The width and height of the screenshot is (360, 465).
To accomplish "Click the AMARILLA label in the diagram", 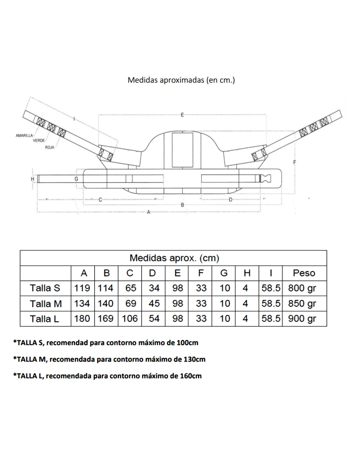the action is [24, 135].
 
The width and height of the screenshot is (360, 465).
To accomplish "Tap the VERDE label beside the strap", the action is [39, 141].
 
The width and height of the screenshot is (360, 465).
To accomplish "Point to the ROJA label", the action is [49, 147].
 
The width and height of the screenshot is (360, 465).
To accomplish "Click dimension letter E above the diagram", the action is [182, 115].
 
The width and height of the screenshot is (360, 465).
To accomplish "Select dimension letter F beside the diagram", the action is [295, 162].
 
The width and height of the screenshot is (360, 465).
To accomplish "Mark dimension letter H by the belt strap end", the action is [32, 179].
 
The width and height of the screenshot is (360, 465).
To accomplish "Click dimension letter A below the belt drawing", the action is [148, 212].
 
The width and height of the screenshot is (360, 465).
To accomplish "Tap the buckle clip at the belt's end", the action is [265, 178].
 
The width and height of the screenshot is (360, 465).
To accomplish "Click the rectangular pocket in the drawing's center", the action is [183, 150].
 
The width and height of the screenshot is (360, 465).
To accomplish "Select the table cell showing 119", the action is [82, 288].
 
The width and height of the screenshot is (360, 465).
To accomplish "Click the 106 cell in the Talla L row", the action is [130, 319].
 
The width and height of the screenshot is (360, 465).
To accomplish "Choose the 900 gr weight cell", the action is [302, 319].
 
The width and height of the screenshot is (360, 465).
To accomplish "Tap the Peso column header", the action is [304, 273].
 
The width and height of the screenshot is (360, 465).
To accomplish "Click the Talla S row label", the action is [45, 288].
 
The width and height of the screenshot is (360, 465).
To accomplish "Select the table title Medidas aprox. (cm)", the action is [174, 258].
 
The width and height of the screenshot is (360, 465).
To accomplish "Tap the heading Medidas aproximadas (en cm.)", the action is [181, 80].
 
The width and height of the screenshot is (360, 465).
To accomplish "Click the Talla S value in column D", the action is [154, 288].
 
